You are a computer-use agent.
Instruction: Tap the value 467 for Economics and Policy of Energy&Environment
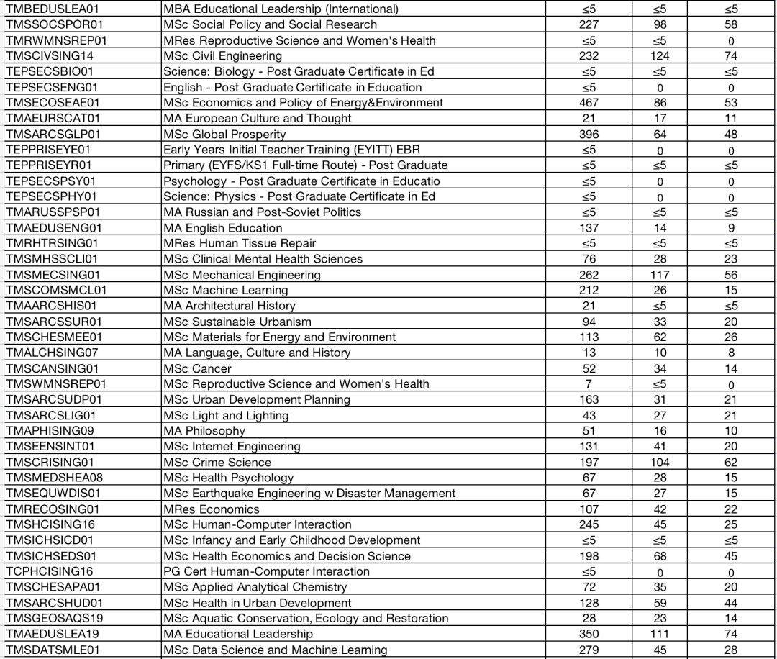pos(589,103)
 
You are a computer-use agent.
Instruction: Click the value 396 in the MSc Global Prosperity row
pos(589,134)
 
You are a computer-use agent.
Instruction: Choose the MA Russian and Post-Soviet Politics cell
pos(262,212)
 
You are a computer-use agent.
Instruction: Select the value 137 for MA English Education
pos(589,228)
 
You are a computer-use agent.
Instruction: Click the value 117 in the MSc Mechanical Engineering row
pos(660,275)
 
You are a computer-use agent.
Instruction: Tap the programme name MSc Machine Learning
pos(225,291)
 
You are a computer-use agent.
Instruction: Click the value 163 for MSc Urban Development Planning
pos(589,400)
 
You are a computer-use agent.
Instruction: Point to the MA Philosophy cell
pos(204,431)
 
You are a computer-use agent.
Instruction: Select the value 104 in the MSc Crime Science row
pos(660,463)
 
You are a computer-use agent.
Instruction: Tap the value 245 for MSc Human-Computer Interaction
pos(589,524)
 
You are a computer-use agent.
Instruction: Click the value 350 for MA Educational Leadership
pos(589,634)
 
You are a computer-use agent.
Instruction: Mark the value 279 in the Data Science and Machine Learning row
pos(589,650)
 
